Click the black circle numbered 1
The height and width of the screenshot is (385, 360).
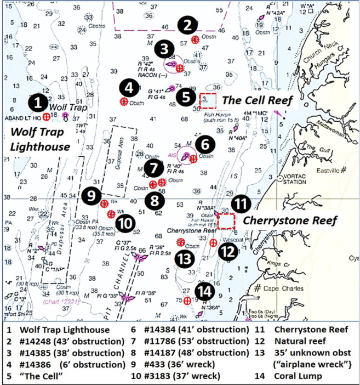[x=37, y=102]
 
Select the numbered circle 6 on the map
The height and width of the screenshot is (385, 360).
[x=205, y=145]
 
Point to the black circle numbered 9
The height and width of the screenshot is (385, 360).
[x=92, y=195]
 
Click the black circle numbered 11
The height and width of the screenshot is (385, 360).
[x=239, y=204]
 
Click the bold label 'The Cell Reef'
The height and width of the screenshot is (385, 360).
[x=258, y=100]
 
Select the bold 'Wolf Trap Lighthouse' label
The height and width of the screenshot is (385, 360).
[x=40, y=139]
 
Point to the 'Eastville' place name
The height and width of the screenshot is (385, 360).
[x=323, y=171]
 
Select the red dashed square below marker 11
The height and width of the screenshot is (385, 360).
[x=226, y=222]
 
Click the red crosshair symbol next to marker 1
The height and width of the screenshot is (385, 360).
[x=47, y=117]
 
